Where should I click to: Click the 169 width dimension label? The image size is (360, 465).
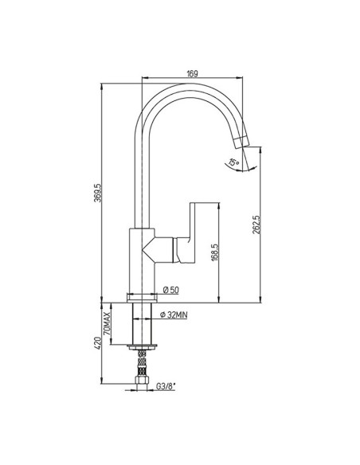(x=192, y=73)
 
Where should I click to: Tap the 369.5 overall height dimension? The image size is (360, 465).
(x=98, y=193)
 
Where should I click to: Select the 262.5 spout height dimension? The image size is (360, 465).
(x=256, y=225)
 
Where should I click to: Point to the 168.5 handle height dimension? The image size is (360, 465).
(x=215, y=252)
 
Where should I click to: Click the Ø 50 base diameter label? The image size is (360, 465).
(x=171, y=290)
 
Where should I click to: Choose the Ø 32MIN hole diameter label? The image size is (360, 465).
(x=174, y=315)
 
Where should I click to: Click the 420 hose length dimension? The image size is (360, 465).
(x=98, y=342)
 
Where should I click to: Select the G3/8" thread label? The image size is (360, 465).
(x=166, y=386)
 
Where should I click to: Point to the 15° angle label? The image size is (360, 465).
(x=233, y=162)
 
